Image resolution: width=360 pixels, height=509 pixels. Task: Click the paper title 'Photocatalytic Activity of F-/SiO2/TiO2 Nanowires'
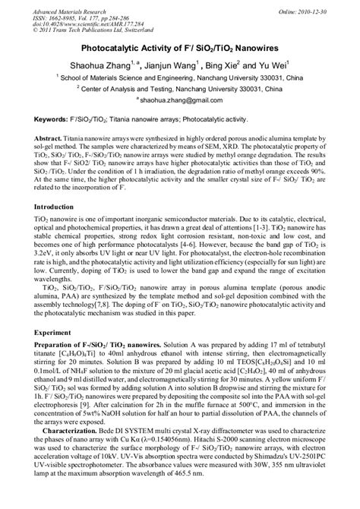[180, 46]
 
